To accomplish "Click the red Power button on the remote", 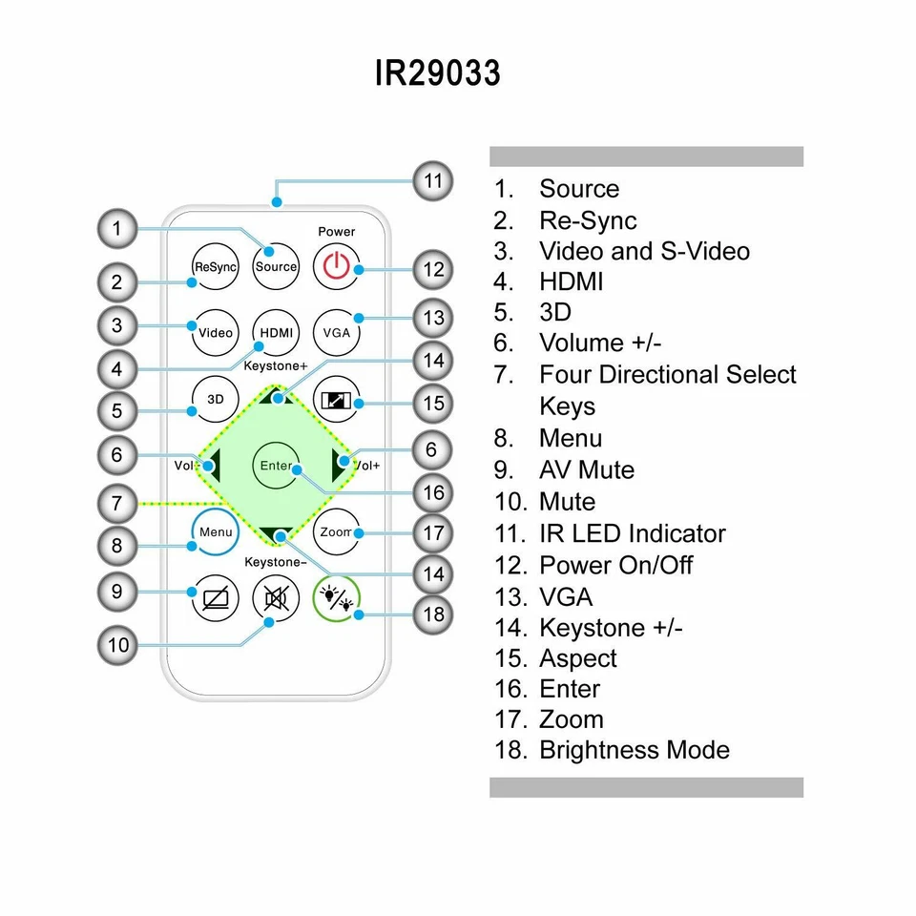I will (x=336, y=266).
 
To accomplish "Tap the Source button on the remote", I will (x=276, y=266).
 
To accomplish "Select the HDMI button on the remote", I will (x=276, y=333).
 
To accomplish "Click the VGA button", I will (x=336, y=333).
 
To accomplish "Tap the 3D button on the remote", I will (x=216, y=399).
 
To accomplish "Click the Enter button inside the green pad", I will (x=276, y=466).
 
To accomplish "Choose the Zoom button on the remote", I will (x=336, y=532).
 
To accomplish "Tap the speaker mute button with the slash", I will (x=276, y=599).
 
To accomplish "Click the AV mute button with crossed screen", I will (x=216, y=599).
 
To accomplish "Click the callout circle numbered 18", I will (x=434, y=614).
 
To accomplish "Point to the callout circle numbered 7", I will (x=117, y=503).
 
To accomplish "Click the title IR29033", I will (x=437, y=73).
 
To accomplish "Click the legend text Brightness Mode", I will (x=634, y=750).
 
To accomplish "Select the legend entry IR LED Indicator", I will (x=632, y=533).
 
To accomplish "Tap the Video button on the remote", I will (x=216, y=333).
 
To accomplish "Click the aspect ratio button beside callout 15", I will (x=336, y=402).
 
